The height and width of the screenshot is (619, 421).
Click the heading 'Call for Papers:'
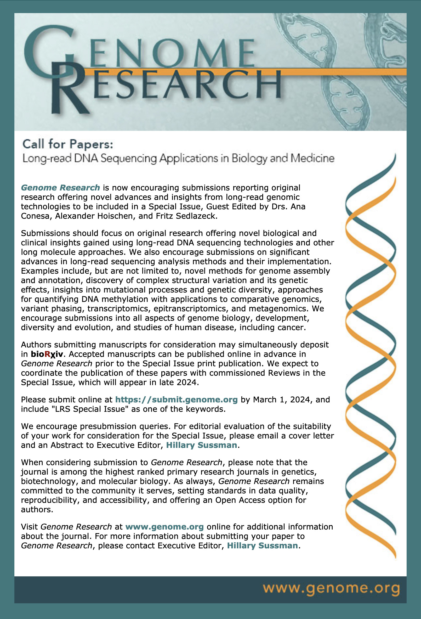(68, 144)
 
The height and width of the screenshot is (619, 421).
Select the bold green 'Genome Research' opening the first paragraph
(60, 188)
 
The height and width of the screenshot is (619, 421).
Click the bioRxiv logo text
(47, 354)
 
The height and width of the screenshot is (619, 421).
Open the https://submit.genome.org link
(176, 399)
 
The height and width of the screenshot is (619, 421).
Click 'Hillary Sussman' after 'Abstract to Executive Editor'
(202, 445)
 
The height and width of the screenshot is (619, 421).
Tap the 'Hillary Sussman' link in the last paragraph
(262, 545)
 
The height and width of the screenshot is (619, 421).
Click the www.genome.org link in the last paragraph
(164, 527)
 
